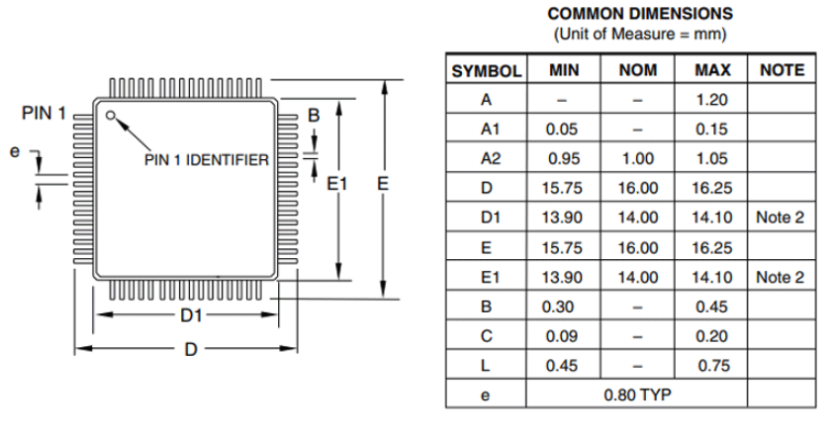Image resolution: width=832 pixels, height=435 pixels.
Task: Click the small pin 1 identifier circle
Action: click(x=111, y=115)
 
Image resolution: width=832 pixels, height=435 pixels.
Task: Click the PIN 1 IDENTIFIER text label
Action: click(x=207, y=160)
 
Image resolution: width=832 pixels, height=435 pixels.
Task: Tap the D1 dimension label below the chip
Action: click(x=191, y=315)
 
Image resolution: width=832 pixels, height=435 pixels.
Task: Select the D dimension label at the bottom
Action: click(x=191, y=350)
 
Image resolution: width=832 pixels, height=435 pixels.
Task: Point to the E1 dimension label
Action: click(x=336, y=184)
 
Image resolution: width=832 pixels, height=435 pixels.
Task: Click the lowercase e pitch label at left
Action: click(x=15, y=151)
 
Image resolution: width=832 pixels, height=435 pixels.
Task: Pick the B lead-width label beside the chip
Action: click(x=314, y=115)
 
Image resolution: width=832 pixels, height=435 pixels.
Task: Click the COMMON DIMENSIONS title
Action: click(x=640, y=14)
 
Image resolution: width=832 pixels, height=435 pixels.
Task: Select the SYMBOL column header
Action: click(x=486, y=71)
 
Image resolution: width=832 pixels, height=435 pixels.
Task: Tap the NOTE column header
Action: click(x=782, y=70)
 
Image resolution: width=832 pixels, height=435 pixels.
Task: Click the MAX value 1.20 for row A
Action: click(x=711, y=100)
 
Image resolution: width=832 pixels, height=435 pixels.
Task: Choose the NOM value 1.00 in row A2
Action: click(x=638, y=158)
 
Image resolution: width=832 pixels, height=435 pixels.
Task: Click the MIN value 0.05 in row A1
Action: click(x=561, y=130)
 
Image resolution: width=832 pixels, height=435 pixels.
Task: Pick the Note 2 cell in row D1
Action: click(x=780, y=217)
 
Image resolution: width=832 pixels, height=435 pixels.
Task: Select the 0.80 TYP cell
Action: click(x=637, y=394)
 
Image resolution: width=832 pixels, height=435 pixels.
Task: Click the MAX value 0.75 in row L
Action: click(x=713, y=366)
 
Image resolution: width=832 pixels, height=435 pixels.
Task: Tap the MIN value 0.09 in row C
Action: click(x=561, y=336)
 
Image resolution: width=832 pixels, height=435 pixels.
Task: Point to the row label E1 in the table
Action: click(x=490, y=278)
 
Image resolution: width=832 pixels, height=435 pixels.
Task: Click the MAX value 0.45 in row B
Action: click(x=711, y=306)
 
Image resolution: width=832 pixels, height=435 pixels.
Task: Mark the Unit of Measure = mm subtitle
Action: click(x=640, y=35)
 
